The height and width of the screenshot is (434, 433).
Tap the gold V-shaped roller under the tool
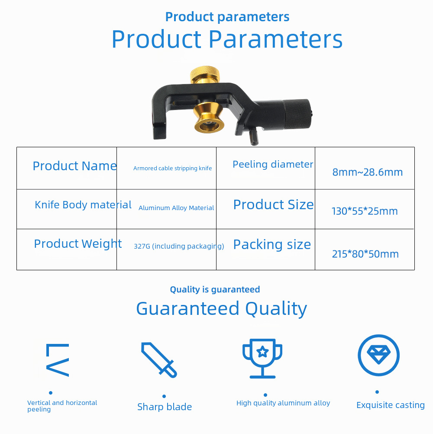click(208, 118)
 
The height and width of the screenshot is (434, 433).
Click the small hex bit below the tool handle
click(254, 137)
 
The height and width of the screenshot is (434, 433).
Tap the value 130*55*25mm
click(365, 211)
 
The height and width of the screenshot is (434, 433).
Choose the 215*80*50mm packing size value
click(365, 254)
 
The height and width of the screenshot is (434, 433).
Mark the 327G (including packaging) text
click(179, 246)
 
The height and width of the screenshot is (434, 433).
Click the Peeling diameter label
click(273, 165)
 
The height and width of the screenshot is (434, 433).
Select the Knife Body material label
click(83, 205)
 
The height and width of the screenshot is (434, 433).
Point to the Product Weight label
click(78, 244)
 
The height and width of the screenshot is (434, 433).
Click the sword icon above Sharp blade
click(159, 360)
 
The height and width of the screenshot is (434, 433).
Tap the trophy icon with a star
click(262, 358)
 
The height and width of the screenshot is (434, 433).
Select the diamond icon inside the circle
click(378, 355)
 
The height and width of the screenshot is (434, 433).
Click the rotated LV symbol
click(57, 360)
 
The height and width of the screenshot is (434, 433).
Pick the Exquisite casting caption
click(391, 405)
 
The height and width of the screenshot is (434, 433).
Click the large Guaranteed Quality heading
click(222, 309)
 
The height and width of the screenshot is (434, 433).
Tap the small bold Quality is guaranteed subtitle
click(215, 289)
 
